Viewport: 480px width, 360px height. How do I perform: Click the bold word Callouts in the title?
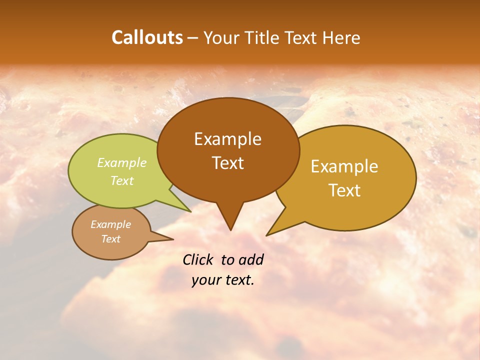147,37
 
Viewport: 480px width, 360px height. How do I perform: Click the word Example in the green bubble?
122,163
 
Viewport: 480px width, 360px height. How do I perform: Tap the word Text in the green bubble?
122,180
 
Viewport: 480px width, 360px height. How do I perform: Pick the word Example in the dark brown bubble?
227,139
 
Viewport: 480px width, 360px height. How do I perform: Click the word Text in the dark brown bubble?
228,163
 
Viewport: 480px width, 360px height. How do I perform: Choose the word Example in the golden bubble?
344,166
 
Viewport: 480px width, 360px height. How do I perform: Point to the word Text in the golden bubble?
344,190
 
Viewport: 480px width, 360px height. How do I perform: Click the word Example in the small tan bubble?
111,224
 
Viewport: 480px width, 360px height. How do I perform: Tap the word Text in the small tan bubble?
111,239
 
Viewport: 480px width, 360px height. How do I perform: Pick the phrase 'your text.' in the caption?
223,280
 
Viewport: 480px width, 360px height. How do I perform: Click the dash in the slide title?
193,38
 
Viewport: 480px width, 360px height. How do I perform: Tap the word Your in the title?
218,38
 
